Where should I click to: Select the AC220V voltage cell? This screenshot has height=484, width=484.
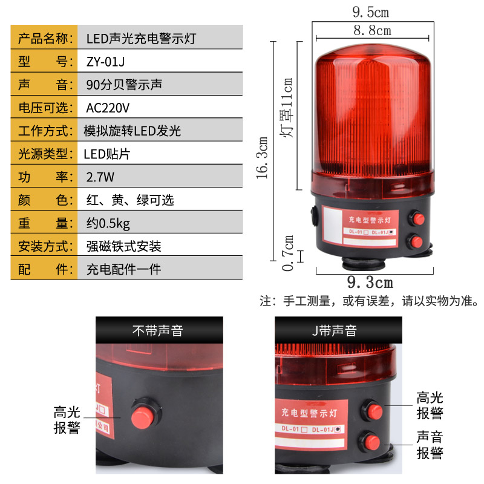[109, 108]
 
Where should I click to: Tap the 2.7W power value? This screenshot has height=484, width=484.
[100, 177]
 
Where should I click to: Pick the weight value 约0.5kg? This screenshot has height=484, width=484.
[108, 223]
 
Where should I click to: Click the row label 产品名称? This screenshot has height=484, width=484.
[44, 38]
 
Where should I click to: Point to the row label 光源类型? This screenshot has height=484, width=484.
[44, 154]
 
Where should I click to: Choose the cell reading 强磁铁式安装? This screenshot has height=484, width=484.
[124, 246]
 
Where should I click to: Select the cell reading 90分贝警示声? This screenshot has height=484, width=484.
[124, 84]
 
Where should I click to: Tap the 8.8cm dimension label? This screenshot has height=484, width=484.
[372, 30]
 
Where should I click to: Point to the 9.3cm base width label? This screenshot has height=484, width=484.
[370, 283]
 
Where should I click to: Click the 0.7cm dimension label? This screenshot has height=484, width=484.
[289, 253]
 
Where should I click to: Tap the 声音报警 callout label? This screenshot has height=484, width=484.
[430, 445]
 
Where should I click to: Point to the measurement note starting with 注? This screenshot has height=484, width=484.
[369, 301]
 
